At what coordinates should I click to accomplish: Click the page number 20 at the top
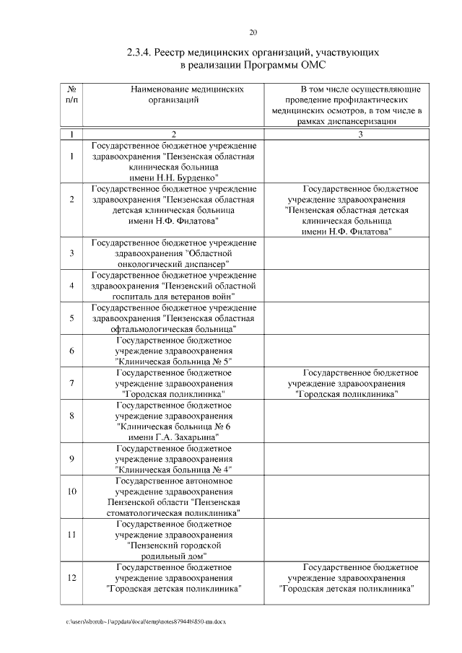point(253,32)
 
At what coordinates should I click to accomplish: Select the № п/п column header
point(71,95)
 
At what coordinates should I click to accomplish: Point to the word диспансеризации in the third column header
point(359,123)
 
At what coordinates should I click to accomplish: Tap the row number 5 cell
point(71,317)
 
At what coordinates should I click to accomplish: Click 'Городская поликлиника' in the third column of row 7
point(349,395)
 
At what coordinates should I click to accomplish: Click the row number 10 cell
point(71,491)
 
